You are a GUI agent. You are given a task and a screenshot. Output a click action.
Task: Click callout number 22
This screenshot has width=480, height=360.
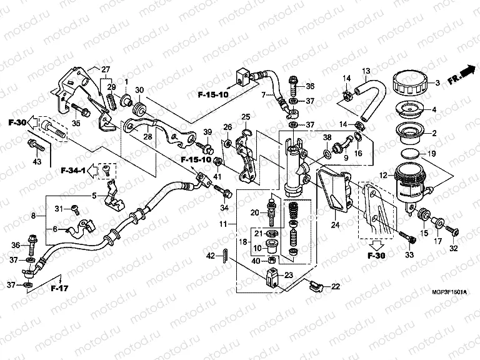(336, 286)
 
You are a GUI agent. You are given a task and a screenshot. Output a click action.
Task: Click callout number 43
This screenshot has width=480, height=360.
(37, 161)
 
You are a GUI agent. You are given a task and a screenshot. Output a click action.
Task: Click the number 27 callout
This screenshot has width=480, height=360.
(106, 69)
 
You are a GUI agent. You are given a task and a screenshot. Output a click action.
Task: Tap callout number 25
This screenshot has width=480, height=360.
(246, 117)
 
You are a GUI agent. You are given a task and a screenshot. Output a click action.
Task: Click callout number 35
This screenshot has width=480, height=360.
(77, 123)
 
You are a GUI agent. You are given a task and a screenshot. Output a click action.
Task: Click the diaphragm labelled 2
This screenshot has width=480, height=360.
(406, 132)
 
